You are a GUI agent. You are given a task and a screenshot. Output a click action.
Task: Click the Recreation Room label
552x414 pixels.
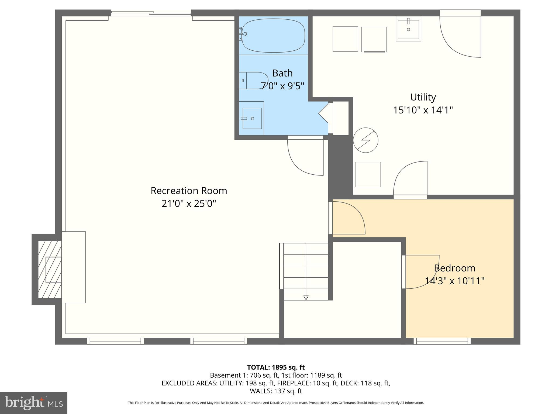click(x=189, y=191)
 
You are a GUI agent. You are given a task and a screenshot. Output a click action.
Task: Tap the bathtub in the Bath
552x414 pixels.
click(x=273, y=35)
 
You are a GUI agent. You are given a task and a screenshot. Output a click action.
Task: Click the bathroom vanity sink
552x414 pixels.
click(x=252, y=118)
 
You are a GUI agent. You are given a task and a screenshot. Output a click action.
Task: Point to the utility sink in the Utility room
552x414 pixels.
click(x=408, y=29)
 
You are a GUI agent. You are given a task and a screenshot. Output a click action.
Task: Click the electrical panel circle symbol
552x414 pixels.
click(x=365, y=140)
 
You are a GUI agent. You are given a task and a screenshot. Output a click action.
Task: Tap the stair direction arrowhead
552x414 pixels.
click(x=306, y=298)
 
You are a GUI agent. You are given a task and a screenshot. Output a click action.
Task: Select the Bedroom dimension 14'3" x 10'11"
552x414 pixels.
click(x=454, y=281)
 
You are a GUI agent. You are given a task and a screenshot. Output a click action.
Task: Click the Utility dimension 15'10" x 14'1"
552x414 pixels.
click(x=423, y=110)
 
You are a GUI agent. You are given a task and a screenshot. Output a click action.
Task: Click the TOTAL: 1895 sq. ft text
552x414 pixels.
click(x=276, y=367)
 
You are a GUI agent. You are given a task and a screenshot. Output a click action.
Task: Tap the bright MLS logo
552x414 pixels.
click(x=34, y=403)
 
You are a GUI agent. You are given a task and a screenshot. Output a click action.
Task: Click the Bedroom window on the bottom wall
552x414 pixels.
click(x=442, y=341)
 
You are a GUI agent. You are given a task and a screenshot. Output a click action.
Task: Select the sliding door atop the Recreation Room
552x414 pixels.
click(x=151, y=13)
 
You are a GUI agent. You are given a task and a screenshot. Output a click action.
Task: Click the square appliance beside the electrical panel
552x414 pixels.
click(x=367, y=174)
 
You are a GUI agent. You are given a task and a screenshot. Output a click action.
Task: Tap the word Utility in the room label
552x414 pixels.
click(x=423, y=97)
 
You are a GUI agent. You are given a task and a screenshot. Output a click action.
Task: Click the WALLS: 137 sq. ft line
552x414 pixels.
click(x=276, y=391)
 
